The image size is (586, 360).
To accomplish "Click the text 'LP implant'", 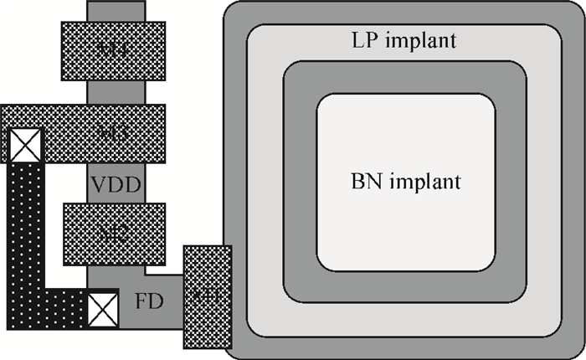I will (392, 40).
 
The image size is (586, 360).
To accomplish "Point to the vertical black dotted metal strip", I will (22, 226).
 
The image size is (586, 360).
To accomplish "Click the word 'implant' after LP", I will (410, 40).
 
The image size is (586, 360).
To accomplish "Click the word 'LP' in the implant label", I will (356, 40).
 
